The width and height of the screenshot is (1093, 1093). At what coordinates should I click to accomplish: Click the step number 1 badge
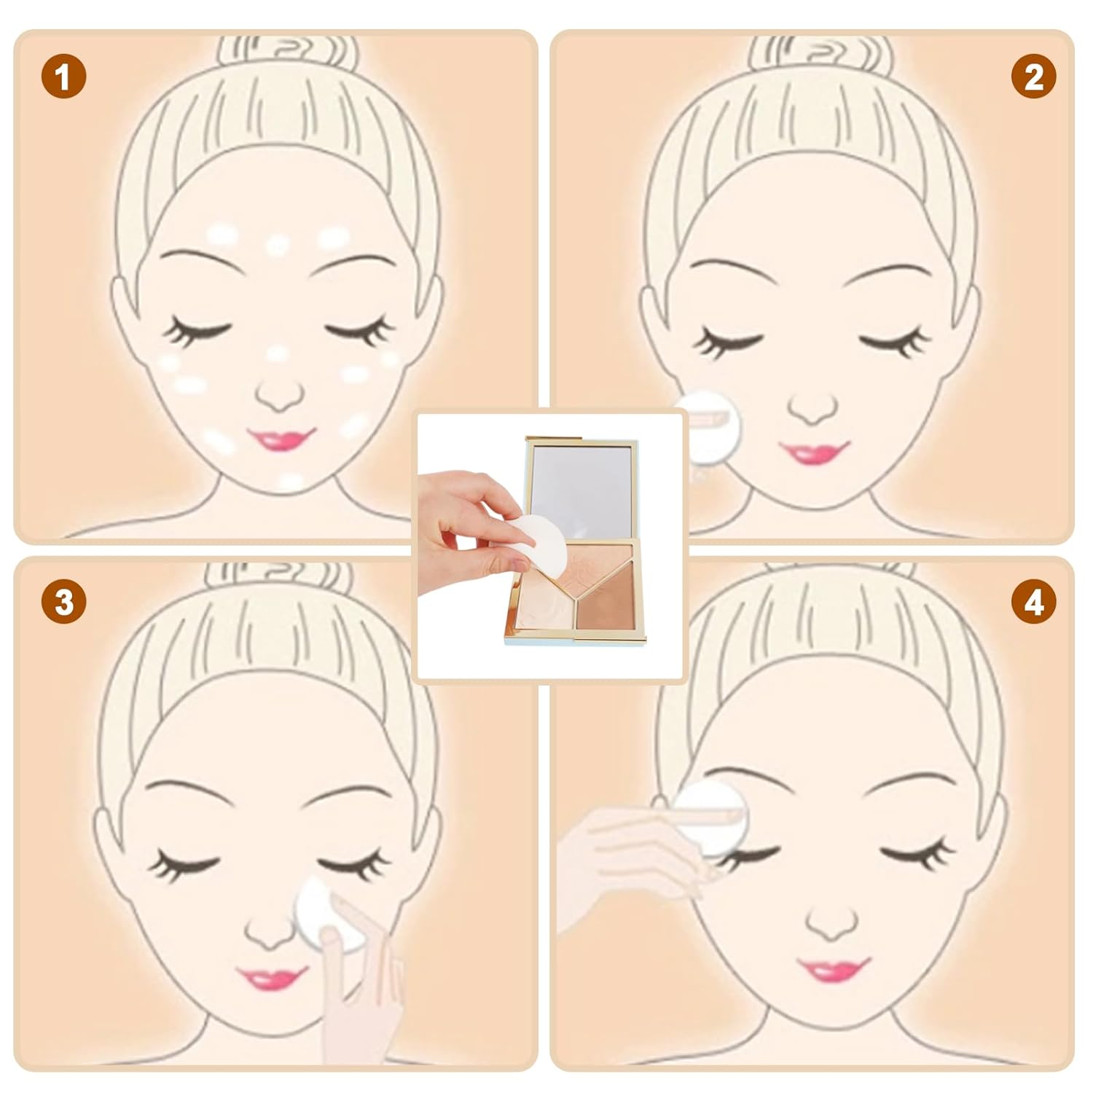[x=63, y=77]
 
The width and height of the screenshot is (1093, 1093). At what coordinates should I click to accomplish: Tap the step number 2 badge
[x=1033, y=77]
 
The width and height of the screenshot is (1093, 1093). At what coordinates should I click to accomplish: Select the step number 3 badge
[x=63, y=602]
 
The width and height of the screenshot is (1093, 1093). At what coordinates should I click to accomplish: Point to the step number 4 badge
[x=1033, y=602]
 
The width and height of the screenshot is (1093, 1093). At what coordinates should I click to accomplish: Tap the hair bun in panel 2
[x=820, y=55]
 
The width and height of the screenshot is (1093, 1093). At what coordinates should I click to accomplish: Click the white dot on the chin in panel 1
[x=290, y=480]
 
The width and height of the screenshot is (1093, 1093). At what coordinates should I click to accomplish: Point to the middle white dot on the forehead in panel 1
[x=278, y=244]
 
